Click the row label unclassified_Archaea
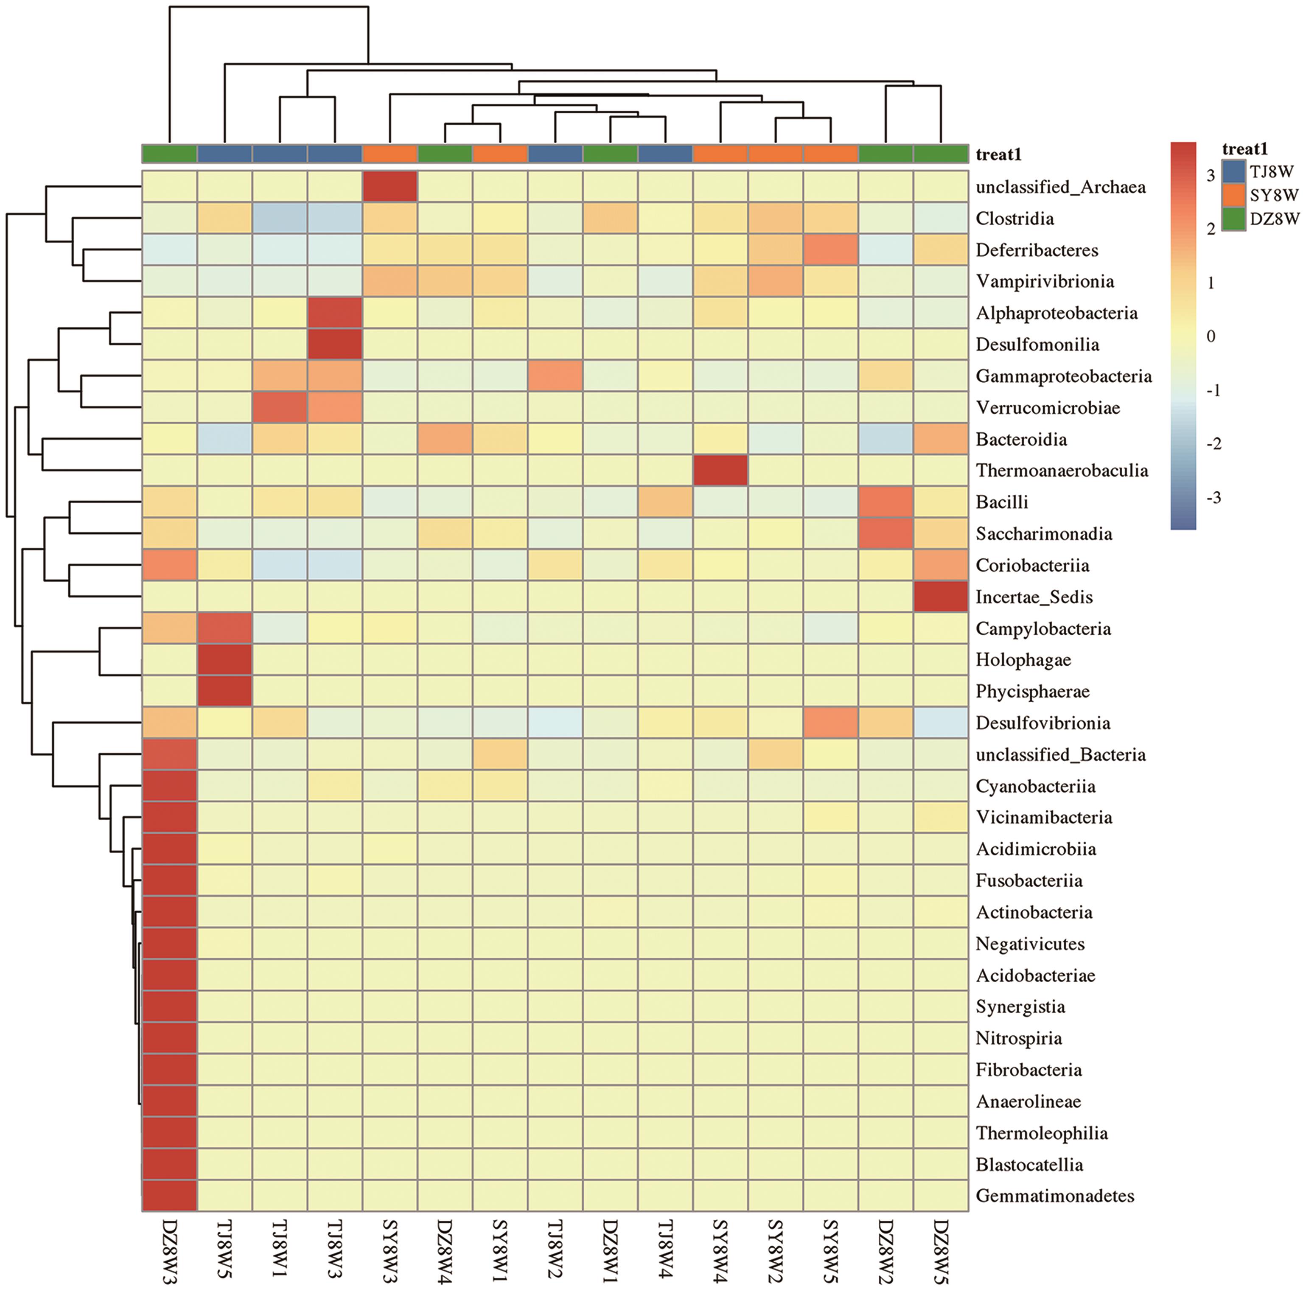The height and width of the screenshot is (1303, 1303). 1060,187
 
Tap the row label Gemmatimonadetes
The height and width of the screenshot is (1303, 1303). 1055,1196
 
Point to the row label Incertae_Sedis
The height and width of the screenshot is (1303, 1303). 1034,597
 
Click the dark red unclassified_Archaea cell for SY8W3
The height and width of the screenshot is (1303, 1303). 390,187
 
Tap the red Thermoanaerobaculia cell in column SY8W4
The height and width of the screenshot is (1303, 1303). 720,470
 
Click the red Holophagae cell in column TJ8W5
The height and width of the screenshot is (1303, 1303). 224,660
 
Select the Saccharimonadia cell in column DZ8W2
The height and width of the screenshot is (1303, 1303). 885,533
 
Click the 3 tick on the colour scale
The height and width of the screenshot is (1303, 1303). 1211,175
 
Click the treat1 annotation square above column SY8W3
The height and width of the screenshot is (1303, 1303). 390,154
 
